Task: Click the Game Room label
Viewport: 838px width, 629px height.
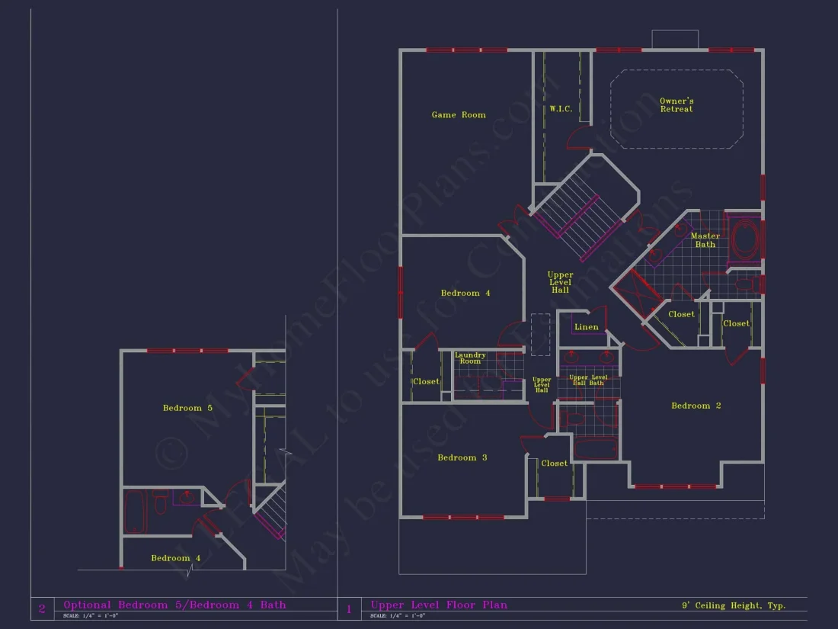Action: (x=459, y=115)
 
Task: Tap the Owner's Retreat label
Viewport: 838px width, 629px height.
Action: (x=676, y=105)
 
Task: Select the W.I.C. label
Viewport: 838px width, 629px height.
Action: (x=561, y=109)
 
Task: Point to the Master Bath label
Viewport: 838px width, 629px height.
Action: (x=705, y=240)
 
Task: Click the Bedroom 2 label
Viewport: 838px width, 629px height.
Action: (x=696, y=406)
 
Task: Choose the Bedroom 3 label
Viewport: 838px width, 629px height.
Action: (x=462, y=457)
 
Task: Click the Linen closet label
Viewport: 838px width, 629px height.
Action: (x=586, y=327)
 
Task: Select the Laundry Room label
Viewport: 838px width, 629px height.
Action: (x=470, y=358)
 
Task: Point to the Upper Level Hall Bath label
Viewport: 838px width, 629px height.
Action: (x=589, y=380)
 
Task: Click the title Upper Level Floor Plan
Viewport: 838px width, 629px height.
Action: (x=439, y=605)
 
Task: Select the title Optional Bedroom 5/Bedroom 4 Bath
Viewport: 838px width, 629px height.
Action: (x=174, y=605)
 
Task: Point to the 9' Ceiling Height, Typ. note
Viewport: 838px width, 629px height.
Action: (x=733, y=606)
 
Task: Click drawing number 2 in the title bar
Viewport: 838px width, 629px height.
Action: (x=41, y=608)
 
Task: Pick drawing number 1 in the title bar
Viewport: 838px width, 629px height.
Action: (x=349, y=608)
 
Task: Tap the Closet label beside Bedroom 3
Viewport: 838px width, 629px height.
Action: (x=554, y=464)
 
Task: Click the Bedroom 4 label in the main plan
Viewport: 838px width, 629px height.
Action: (x=465, y=293)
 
